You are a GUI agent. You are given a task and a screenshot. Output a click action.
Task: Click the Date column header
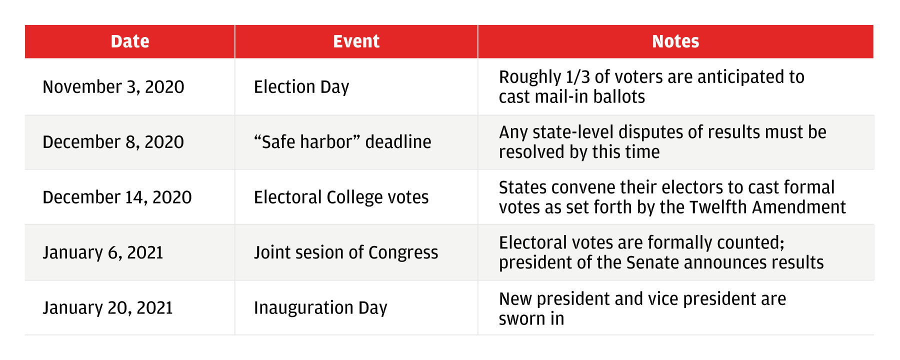point(130,41)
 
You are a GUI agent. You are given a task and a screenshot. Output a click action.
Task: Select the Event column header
point(356,41)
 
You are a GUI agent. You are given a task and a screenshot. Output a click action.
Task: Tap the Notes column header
point(675,41)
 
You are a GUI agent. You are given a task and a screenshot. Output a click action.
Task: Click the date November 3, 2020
point(113,87)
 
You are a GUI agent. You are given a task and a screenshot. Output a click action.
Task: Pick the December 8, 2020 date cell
point(113,142)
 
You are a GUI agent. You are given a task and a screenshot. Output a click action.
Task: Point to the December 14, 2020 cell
point(117,197)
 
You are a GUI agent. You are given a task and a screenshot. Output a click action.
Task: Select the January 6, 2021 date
point(103,252)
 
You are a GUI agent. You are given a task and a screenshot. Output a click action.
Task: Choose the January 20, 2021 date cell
point(108,308)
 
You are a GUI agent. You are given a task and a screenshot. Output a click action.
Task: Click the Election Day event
point(301,87)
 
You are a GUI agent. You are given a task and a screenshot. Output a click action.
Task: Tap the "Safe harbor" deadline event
point(342,142)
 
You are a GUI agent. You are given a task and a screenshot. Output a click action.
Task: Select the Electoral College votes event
point(341,197)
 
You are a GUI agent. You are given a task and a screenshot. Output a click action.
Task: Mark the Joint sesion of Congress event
point(346,252)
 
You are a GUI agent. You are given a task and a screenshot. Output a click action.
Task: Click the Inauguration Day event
point(320,308)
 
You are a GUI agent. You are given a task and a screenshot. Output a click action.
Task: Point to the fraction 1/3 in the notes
point(578,77)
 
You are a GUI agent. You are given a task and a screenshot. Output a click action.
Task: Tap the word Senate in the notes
point(651,262)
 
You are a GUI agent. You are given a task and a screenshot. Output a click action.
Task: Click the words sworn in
point(531,319)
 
